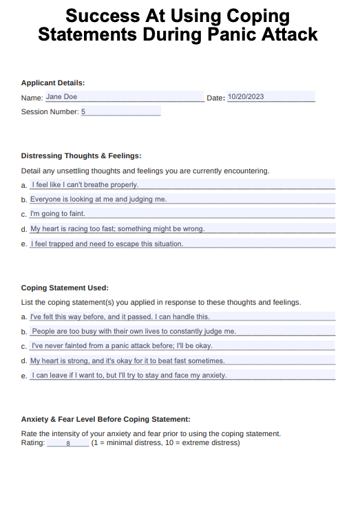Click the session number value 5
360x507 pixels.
point(83,111)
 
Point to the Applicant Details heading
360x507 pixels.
point(53,83)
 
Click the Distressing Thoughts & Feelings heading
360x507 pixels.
point(81,156)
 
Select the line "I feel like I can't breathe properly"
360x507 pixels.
point(85,184)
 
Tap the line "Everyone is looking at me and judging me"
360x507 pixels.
point(98,199)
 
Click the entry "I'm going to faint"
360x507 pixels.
point(58,213)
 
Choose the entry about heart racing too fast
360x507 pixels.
point(117,228)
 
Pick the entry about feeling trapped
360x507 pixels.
point(107,244)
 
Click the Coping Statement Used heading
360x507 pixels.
point(65,288)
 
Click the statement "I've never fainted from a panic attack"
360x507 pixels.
point(123,345)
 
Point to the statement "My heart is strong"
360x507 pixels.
point(127,360)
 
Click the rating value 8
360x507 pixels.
point(68,444)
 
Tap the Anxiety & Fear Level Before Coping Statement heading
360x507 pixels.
point(106,419)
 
